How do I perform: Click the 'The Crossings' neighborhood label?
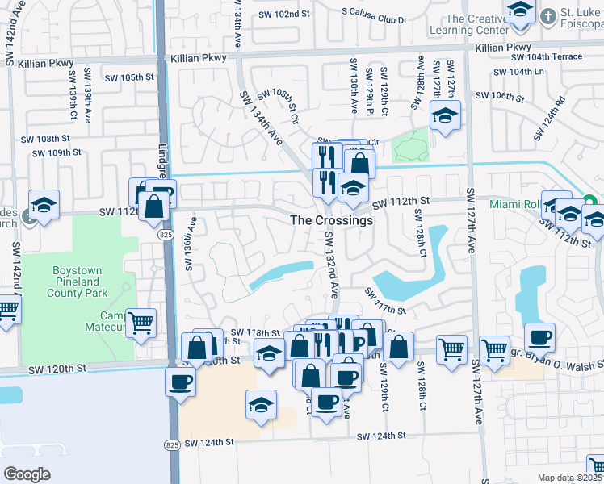[331, 220]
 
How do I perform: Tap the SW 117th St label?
[384, 300]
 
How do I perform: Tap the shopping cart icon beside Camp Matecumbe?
[141, 324]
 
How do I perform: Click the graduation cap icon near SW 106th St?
[444, 117]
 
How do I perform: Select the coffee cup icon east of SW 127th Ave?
[539, 338]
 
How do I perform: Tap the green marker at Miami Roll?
[589, 201]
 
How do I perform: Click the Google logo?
[27, 474]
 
